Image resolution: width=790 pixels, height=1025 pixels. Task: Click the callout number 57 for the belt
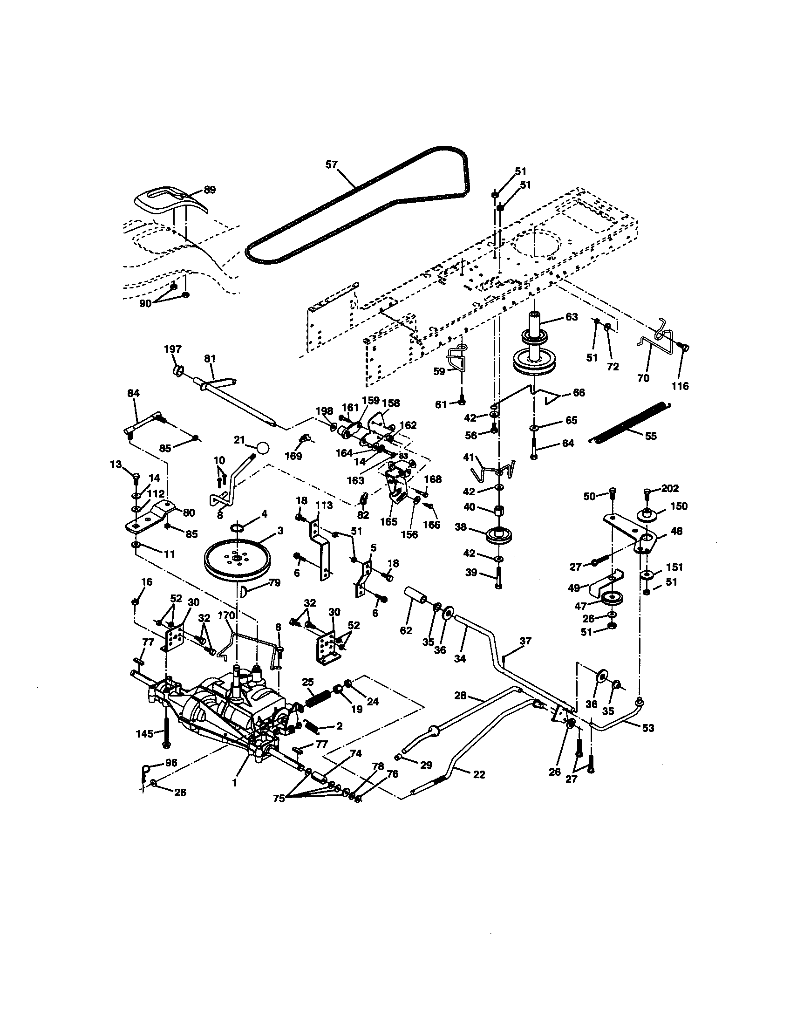coord(332,164)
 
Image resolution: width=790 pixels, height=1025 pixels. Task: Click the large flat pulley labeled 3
coord(237,559)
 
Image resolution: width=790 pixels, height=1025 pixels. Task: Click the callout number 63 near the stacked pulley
coord(571,317)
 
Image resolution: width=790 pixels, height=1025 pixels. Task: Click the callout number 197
coord(173,349)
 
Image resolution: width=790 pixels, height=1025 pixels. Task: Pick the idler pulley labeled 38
coord(500,534)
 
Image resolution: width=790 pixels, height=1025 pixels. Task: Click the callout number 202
coord(669,489)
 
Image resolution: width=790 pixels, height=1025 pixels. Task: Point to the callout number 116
coord(680,386)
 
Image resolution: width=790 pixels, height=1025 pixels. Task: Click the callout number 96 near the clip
coord(171,763)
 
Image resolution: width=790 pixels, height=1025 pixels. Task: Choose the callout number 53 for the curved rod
coord(647,728)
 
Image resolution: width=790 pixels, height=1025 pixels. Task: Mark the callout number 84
coord(133,393)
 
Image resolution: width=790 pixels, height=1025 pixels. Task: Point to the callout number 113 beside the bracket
coord(324,506)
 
